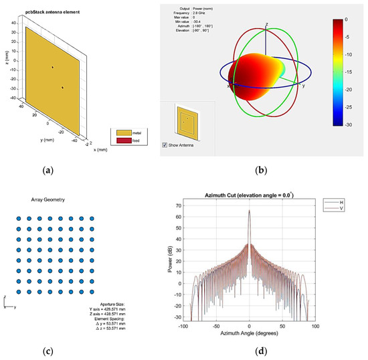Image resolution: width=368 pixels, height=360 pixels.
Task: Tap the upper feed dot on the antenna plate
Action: [x=52, y=67]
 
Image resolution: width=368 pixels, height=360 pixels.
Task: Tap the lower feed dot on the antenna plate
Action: [x=62, y=87]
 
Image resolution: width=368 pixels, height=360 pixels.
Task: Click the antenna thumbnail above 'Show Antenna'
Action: [x=187, y=122]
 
